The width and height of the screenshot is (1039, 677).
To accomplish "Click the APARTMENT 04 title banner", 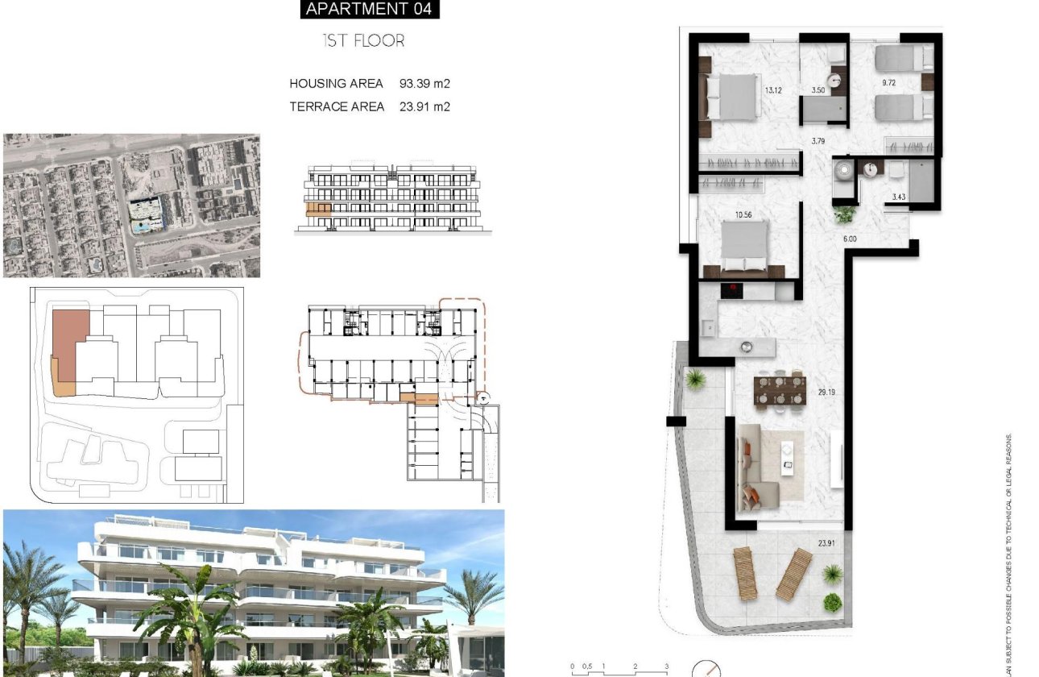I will click(369, 10).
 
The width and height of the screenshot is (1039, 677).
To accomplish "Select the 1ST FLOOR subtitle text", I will click(363, 40).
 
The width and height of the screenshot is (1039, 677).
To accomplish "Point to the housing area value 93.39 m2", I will click(424, 83).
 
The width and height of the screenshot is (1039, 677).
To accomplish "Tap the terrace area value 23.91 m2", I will click(424, 106).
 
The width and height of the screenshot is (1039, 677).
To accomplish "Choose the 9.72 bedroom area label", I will click(889, 83).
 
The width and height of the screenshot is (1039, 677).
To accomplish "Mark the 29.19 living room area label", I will click(826, 392).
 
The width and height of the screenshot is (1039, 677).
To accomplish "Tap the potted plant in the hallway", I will click(844, 214).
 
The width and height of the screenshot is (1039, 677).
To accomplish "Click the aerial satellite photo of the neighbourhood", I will click(131, 206).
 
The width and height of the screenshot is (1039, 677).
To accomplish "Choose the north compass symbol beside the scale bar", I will click(706, 669).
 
